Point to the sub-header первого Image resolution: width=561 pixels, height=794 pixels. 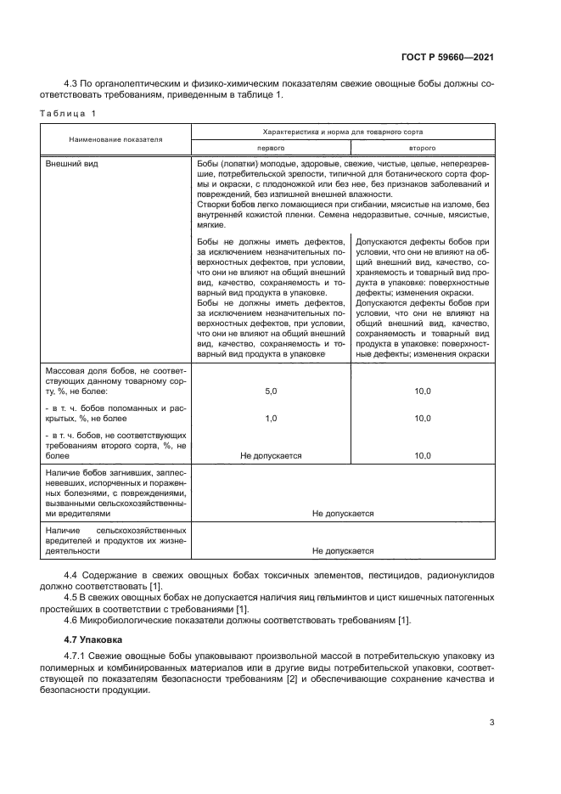click(x=271, y=147)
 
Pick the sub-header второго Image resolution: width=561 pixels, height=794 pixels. click(x=422, y=147)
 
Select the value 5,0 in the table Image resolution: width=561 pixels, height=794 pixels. click(x=271, y=391)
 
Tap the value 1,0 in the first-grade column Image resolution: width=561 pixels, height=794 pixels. click(x=271, y=419)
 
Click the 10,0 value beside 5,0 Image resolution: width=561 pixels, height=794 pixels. click(x=422, y=391)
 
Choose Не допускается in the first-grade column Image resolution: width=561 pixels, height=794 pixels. click(x=271, y=456)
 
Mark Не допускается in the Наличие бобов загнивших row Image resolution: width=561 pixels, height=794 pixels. click(x=343, y=513)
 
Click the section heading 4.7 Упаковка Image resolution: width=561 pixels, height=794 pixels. click(x=93, y=638)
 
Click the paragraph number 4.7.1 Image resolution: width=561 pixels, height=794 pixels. click(x=76, y=656)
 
